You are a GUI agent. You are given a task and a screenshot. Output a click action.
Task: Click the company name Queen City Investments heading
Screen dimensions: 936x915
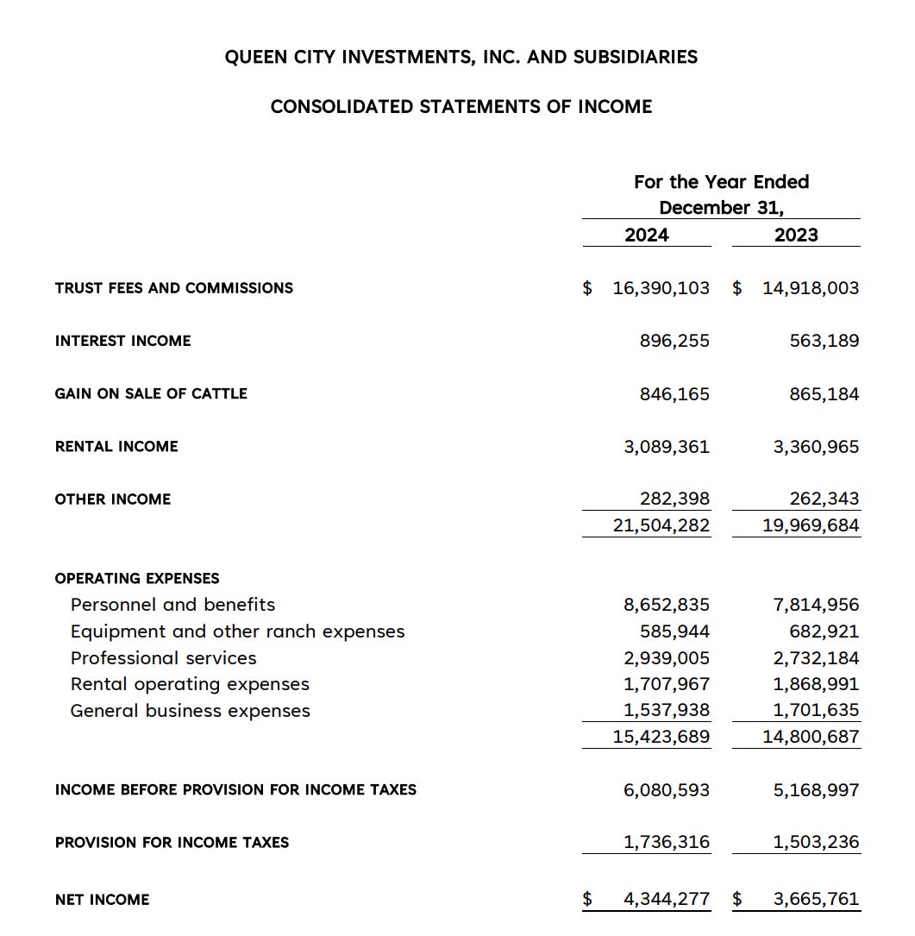pyautogui.click(x=461, y=57)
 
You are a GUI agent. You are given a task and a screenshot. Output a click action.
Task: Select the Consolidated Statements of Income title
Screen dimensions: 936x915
pyautogui.click(x=461, y=107)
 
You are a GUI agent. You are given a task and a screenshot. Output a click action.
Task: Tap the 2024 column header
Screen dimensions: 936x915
pyautogui.click(x=647, y=235)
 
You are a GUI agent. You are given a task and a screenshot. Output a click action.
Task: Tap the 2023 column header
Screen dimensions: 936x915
pyautogui.click(x=796, y=235)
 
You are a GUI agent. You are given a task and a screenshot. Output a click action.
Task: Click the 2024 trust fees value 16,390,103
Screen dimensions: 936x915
pyautogui.click(x=661, y=288)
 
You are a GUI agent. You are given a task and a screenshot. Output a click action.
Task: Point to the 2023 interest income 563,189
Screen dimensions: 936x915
pyautogui.click(x=824, y=341)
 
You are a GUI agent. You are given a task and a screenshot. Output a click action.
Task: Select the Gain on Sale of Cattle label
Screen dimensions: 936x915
pyautogui.click(x=151, y=393)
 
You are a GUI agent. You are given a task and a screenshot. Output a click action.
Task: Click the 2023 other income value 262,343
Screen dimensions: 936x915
pyautogui.click(x=824, y=499)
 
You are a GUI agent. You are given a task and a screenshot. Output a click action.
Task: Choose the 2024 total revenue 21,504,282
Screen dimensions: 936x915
pyautogui.click(x=661, y=525)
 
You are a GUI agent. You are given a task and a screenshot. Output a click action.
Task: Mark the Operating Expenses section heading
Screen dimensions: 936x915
pyautogui.click(x=137, y=578)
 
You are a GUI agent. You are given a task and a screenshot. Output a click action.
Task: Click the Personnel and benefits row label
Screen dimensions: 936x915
pyautogui.click(x=173, y=605)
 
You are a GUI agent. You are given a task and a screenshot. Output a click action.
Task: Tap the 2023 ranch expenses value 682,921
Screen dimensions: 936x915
pyautogui.click(x=824, y=631)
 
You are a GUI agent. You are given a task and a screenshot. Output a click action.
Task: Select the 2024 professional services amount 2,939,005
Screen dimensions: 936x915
pyautogui.click(x=667, y=658)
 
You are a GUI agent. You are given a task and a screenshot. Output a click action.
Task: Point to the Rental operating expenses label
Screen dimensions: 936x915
pyautogui.click(x=190, y=684)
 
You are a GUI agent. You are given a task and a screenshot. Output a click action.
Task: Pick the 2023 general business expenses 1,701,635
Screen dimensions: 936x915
pyautogui.click(x=817, y=711)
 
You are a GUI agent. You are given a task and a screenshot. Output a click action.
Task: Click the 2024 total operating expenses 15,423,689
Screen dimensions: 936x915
pyautogui.click(x=661, y=737)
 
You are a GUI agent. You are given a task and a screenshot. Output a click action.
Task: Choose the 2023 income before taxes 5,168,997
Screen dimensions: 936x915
pyautogui.click(x=817, y=790)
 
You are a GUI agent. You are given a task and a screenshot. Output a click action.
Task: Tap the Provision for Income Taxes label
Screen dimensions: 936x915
pyautogui.click(x=172, y=843)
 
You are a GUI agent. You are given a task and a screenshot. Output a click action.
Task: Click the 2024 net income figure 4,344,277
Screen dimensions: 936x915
pyautogui.click(x=667, y=900)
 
